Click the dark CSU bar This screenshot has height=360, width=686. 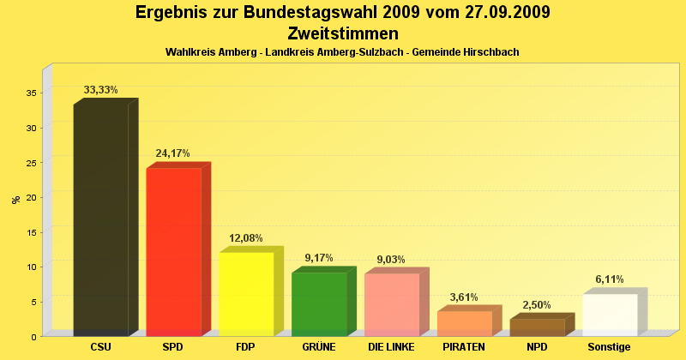coord(100,219)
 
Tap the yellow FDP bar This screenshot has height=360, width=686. coord(246,294)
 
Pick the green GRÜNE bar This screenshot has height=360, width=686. coord(319,304)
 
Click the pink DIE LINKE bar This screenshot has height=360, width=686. coord(392,304)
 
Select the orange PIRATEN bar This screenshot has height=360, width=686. coord(464,323)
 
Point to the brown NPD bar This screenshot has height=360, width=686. coord(538,327)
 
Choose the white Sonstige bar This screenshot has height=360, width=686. coord(610,315)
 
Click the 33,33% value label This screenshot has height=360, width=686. coord(100,89)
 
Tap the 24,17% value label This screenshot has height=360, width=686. coord(172,153)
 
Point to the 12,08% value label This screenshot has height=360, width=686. coord(245,238)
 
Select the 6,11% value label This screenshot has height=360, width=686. coord(610,279)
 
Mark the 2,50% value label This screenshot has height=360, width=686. coord(537,305)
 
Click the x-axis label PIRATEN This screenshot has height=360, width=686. coord(464,347)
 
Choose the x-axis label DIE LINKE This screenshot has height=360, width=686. coord(391,347)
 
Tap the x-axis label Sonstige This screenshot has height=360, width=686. coord(609,347)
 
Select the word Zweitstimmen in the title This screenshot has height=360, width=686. coord(343,33)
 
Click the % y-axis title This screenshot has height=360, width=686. coord(15,200)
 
